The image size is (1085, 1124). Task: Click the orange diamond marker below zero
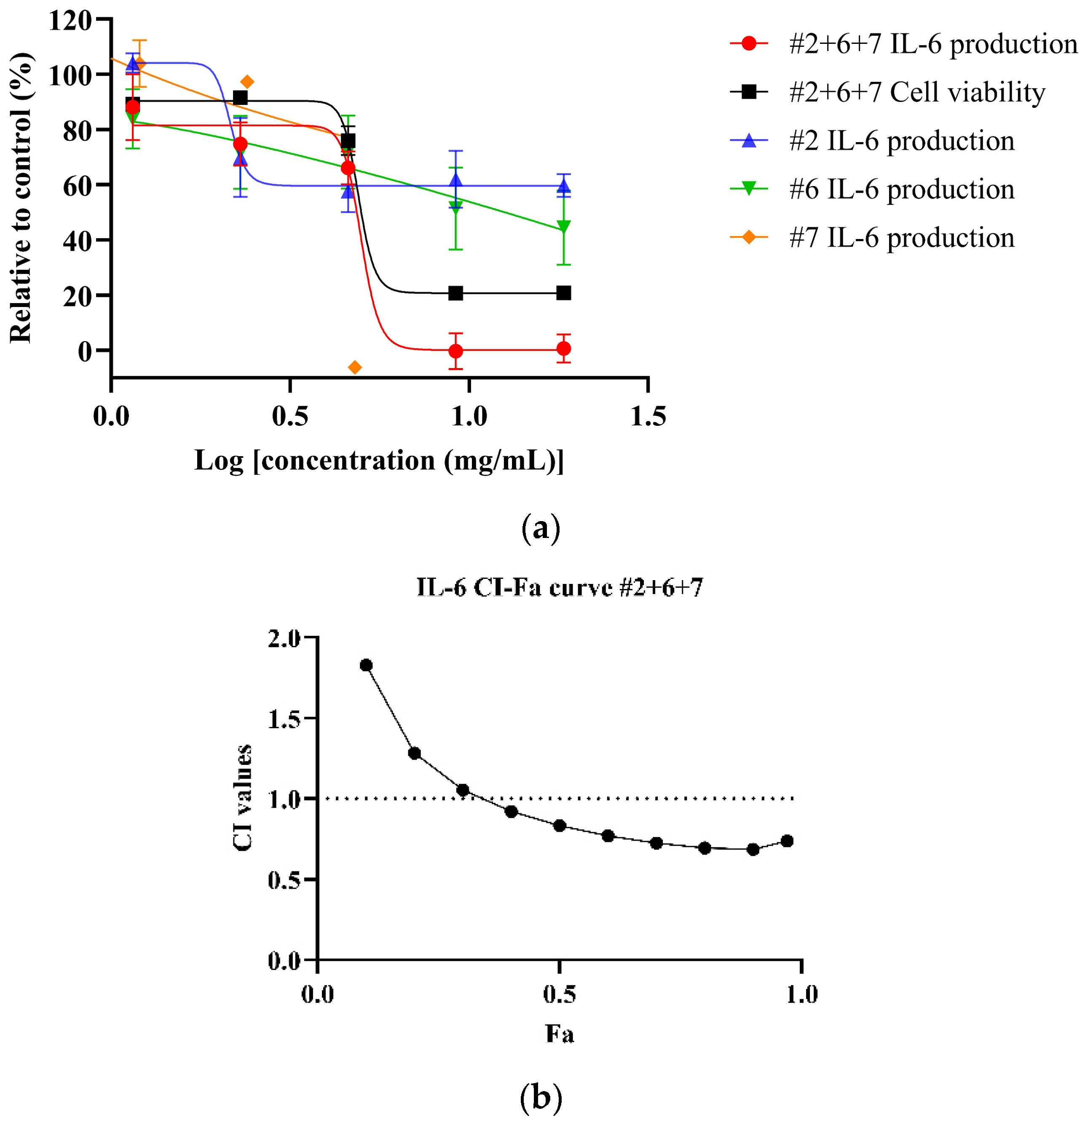click(355, 367)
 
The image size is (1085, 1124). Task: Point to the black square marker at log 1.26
click(563, 293)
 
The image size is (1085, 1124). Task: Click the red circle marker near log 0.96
click(455, 350)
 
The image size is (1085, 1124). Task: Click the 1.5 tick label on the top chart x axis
click(648, 417)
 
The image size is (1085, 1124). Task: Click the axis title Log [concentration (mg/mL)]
click(379, 460)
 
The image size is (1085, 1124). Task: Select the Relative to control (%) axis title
click(21, 198)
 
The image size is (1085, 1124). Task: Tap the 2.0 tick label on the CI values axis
click(284, 638)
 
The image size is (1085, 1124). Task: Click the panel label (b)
click(541, 1097)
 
